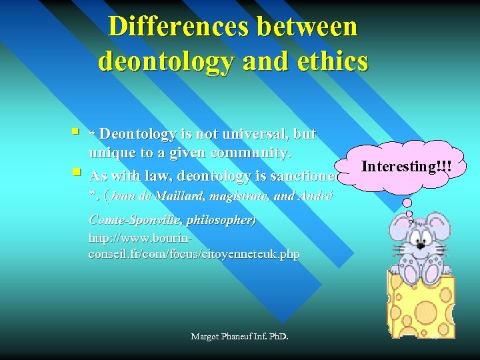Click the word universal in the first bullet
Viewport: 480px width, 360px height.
[x=257, y=134]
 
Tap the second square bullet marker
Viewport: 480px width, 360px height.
[x=79, y=173]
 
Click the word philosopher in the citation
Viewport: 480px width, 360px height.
[x=220, y=219]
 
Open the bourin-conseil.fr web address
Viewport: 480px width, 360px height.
[x=193, y=246]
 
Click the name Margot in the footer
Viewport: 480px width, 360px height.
[x=206, y=337]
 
